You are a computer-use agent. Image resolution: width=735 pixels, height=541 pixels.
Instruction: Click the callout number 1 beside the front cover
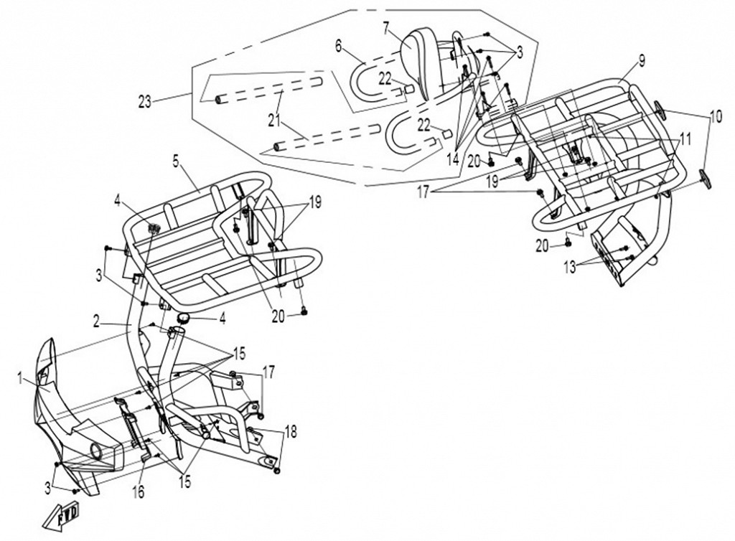20,375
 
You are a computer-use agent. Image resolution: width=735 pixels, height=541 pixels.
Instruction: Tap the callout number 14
452,159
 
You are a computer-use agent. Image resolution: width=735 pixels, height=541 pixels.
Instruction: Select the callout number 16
138,491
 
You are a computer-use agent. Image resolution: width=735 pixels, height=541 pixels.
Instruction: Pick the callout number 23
145,102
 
